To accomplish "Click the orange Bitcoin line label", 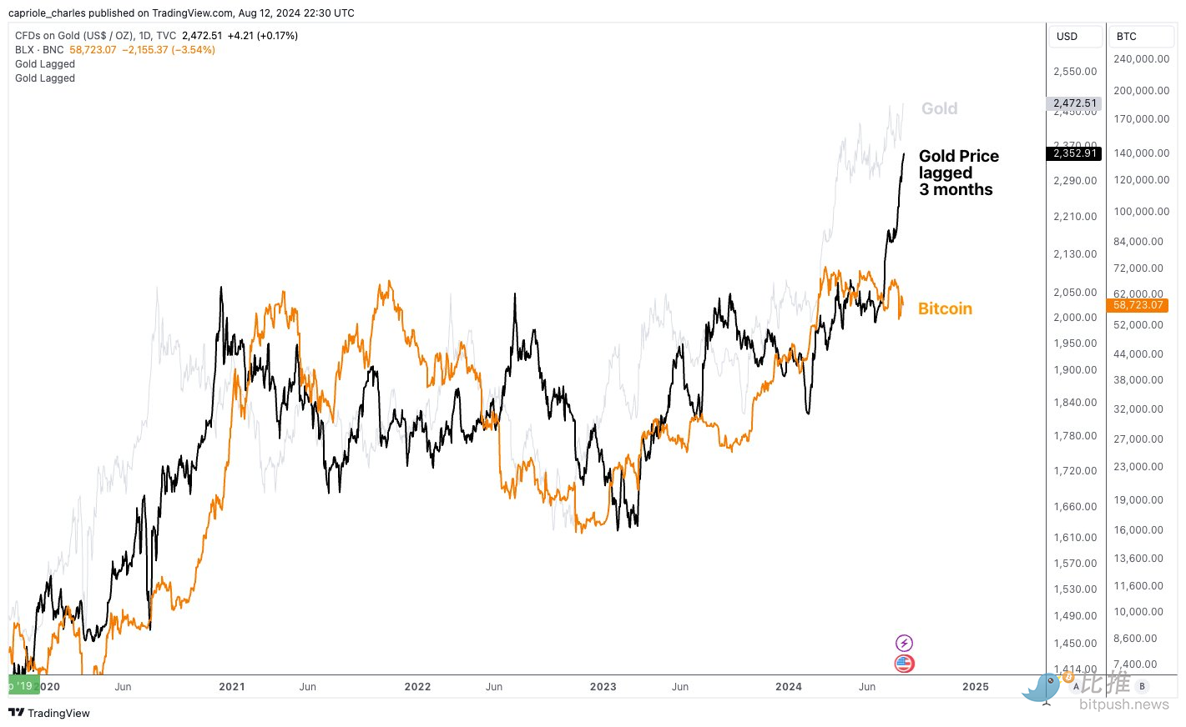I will tap(945, 308).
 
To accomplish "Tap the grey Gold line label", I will tap(939, 108).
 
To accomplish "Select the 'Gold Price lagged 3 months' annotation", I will tap(958, 173).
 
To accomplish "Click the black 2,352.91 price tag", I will tap(1074, 153).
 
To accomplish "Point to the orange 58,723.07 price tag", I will tap(1138, 305).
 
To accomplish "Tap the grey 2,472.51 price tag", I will tap(1074, 103).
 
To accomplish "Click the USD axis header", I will tap(1067, 37).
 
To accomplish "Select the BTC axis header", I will tap(1127, 37).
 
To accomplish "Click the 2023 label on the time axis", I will tap(603, 687).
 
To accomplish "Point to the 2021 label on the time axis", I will tap(232, 687).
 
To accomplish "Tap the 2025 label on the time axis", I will tap(975, 687).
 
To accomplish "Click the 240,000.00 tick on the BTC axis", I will tap(1141, 59).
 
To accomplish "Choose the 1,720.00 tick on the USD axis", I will tap(1075, 471).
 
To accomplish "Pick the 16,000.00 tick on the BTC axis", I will tap(1138, 530).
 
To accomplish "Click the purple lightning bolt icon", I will tap(904, 643).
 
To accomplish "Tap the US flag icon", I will tap(904, 664).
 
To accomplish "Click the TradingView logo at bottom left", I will tap(49, 713).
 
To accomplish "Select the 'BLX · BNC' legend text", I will tap(39, 50).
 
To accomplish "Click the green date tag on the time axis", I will tap(23, 686).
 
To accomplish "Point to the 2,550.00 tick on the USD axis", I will tap(1075, 72).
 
